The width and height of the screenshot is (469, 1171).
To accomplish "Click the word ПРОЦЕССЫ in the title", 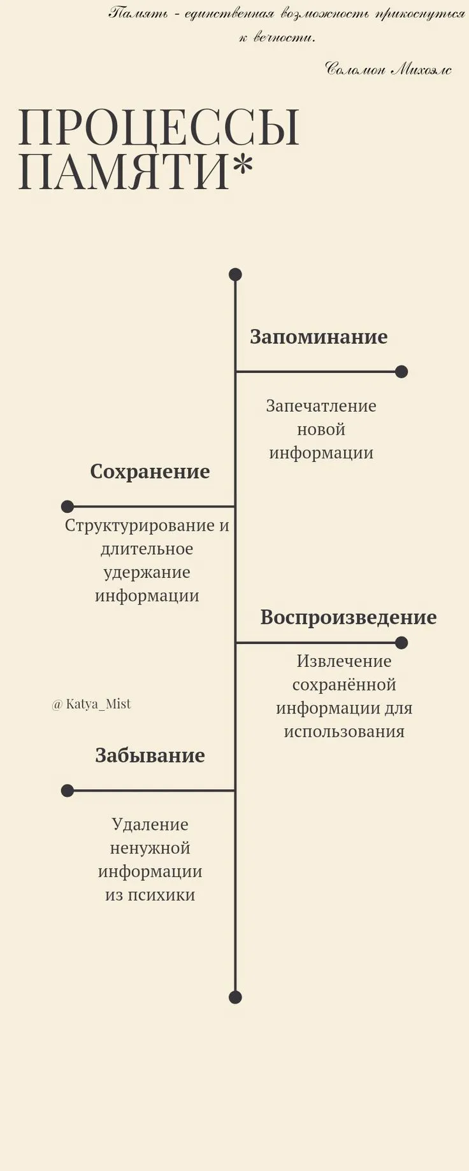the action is [x=159, y=127].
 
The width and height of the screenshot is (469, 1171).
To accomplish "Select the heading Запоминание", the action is [x=319, y=337].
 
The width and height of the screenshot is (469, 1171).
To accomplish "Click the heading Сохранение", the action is [x=150, y=472].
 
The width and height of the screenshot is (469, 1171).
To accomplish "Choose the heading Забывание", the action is [x=150, y=755].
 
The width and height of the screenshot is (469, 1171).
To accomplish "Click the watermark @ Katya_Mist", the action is [x=91, y=704].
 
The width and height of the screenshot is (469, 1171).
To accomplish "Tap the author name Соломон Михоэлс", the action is [x=388, y=68].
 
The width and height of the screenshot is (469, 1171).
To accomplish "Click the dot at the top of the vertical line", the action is [x=235, y=274].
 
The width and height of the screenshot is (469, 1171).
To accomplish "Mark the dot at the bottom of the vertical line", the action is [x=235, y=997].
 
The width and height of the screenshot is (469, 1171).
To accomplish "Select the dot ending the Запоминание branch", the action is [x=401, y=372].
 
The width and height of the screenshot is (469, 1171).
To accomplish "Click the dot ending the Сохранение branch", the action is [x=68, y=507].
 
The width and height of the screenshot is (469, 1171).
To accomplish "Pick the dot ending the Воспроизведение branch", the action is [x=401, y=643].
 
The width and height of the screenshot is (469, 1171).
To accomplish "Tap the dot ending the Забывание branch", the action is [x=68, y=791].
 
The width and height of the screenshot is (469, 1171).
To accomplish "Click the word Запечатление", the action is [x=321, y=406].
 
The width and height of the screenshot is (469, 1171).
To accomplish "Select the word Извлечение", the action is [x=344, y=661].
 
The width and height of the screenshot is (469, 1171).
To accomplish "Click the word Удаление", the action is [x=150, y=825].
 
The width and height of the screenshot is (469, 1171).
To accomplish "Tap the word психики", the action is [x=161, y=895].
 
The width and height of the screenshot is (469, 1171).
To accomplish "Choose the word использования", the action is [x=344, y=732].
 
